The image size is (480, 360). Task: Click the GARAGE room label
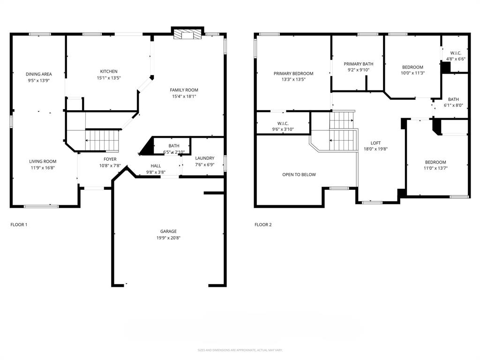(168, 231)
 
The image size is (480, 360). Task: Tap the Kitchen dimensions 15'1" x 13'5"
(108, 78)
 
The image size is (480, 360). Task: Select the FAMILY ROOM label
(184, 90)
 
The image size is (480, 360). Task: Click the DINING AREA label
(38, 74)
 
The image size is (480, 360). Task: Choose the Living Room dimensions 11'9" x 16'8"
(43, 167)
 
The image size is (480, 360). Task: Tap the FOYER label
(110, 159)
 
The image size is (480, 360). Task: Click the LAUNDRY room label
(205, 158)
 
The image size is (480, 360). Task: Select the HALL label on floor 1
(156, 166)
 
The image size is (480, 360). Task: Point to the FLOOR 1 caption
(19, 225)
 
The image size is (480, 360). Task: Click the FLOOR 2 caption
(263, 225)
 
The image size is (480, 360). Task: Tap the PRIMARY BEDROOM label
(293, 74)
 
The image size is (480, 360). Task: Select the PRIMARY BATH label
(358, 64)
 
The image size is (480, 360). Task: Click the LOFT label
(376, 143)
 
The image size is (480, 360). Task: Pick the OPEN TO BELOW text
(299, 174)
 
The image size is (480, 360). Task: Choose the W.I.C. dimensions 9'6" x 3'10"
(282, 129)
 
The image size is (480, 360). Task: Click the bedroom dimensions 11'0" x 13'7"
(435, 168)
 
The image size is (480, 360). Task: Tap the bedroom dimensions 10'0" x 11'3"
(412, 73)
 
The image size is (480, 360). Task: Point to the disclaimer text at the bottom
(240, 350)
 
